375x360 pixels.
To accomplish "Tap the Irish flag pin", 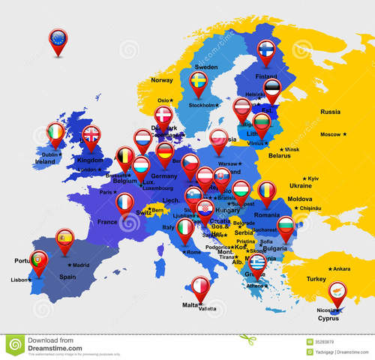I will pos(55,133).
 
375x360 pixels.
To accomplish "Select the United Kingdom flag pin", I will pos(91,135).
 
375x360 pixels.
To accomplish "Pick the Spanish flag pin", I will pos(65,238).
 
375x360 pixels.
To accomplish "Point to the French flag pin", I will pos(124,202).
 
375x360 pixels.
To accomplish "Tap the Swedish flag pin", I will pos(199,80).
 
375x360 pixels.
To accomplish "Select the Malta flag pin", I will pos(200,286).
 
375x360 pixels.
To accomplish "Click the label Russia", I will pos(331,112).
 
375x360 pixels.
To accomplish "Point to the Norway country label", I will pos(162,80).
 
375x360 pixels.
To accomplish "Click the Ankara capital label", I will pos(341,268).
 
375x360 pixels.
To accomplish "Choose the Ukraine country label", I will pos(301,185).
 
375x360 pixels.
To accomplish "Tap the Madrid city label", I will pos(80,265).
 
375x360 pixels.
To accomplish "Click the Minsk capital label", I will pos(291,150).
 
